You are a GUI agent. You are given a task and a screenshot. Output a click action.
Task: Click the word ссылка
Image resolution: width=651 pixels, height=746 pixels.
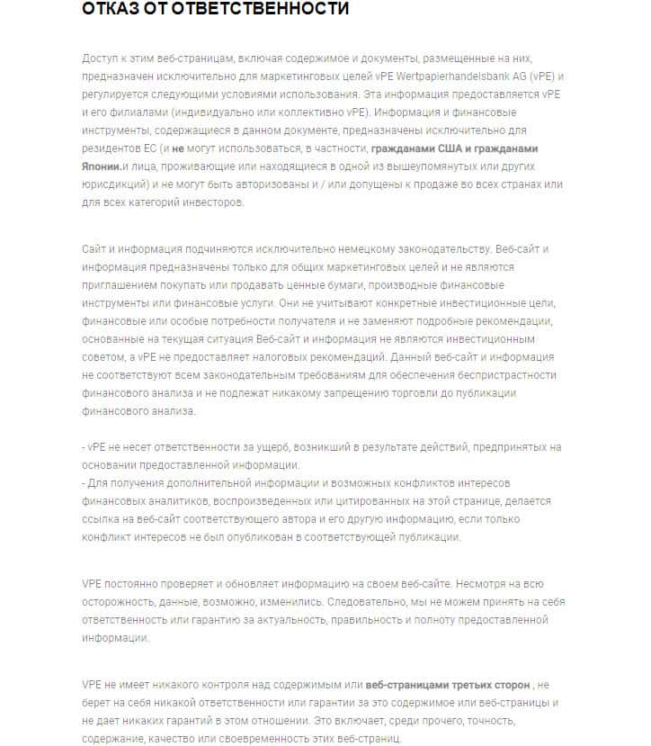coord(102,519)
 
